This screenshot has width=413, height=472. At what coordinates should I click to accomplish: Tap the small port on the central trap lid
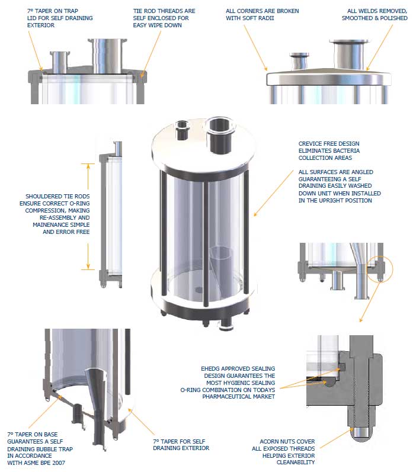pyautogui.click(x=183, y=124)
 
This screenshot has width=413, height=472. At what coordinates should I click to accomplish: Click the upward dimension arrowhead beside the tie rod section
pyautogui.click(x=88, y=166)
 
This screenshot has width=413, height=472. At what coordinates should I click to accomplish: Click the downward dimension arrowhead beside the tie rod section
pyautogui.click(x=88, y=266)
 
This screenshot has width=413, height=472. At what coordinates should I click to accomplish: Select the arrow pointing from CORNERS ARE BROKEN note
pyautogui.click(x=255, y=47)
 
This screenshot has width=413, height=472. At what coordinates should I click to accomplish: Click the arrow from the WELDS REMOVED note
pyautogui.click(x=380, y=47)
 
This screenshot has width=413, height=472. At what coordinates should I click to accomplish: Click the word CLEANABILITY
pyautogui.click(x=296, y=462)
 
